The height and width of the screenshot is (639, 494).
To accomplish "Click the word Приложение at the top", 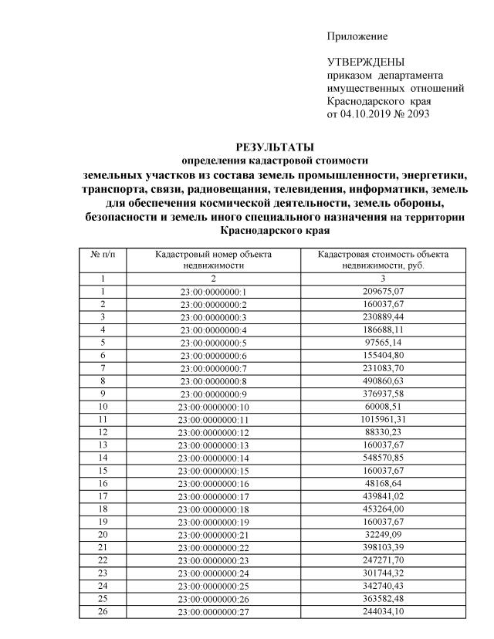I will click(x=357, y=36).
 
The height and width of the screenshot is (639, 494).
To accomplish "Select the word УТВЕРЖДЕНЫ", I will click(x=365, y=63).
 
